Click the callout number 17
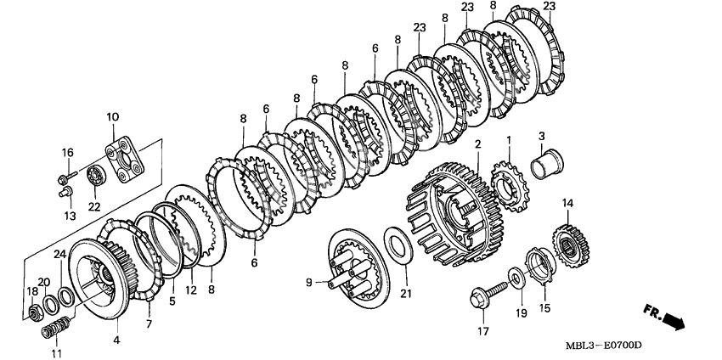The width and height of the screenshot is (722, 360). tap(483, 330)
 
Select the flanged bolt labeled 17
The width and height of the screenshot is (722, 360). tap(488, 294)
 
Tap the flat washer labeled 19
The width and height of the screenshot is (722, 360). tap(516, 277)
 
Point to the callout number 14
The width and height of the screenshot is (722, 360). tap(567, 202)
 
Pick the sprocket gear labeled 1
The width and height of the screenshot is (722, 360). tap(510, 186)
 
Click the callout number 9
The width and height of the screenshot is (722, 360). tap(309, 282)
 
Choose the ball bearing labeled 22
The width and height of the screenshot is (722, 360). tap(97, 176)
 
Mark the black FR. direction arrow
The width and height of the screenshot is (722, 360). tap(664, 318)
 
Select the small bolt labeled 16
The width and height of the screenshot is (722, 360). tap(67, 176)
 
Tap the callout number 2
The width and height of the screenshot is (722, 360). tap(478, 144)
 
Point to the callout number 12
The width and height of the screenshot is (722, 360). tap(190, 290)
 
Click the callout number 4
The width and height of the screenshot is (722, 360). tap(116, 340)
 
